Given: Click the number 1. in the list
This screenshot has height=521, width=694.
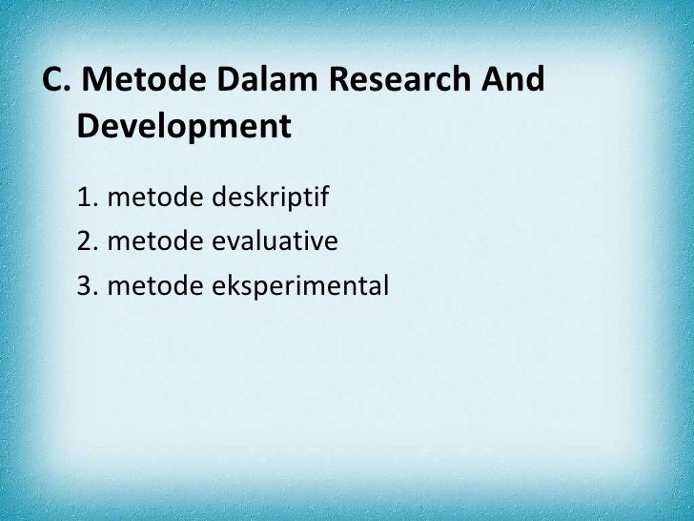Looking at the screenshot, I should pyautogui.click(x=89, y=199).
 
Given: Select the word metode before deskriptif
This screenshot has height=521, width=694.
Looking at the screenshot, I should pyautogui.click(x=153, y=199).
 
